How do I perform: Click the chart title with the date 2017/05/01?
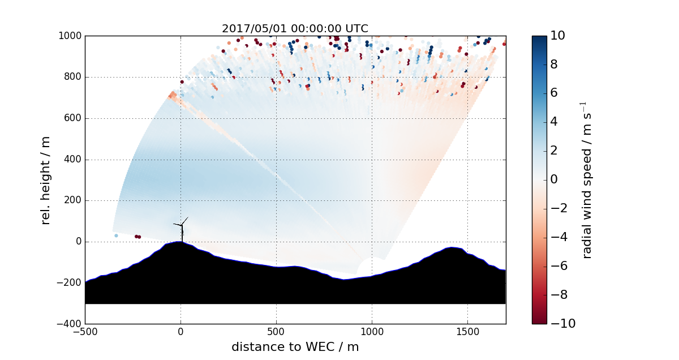click(295, 28)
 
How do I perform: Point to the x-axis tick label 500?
click(276, 332)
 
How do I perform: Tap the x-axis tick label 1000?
click(372, 332)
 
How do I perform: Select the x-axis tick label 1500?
click(467, 332)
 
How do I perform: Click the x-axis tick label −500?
click(85, 332)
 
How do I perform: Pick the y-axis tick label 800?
click(71, 78)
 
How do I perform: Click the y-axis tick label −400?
click(68, 324)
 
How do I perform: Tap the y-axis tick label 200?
click(71, 201)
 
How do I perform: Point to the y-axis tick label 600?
click(71, 119)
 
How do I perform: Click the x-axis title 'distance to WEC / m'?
click(295, 346)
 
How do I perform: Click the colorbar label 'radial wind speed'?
click(587, 180)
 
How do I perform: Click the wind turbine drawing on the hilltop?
click(182, 229)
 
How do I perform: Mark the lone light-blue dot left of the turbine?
click(116, 235)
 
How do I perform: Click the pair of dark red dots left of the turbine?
click(137, 237)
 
